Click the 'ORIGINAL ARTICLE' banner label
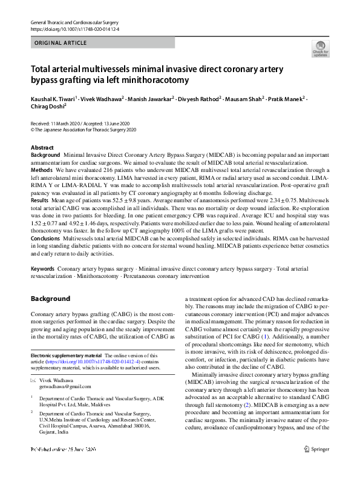point(61,43)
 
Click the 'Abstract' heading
point(43,148)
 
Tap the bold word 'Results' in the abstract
point(40,199)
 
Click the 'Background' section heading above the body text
point(51,299)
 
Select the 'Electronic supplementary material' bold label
point(66,355)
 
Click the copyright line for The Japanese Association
point(83,130)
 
